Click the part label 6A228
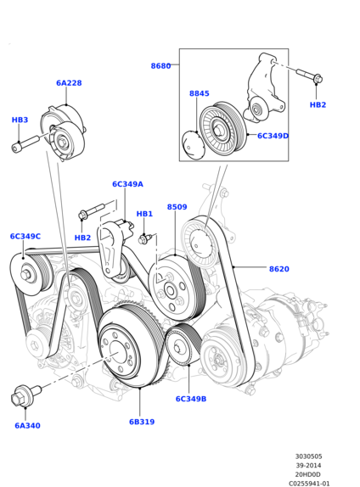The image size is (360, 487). click(69, 83)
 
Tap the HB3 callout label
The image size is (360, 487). click(20, 120)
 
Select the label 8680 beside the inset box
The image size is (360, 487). click(160, 66)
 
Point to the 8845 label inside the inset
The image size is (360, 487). click(200, 93)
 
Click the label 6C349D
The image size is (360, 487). click(273, 136)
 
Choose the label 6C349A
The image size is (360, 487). click(127, 184)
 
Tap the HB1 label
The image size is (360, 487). click(144, 214)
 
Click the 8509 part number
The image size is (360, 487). click(177, 207)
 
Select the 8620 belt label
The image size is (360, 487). click(279, 269)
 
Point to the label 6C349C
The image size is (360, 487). click(25, 237)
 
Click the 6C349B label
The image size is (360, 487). click(191, 399)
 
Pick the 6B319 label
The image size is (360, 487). click(142, 422)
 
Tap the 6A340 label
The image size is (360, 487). click(28, 426)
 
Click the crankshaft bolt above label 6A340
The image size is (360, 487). click(25, 395)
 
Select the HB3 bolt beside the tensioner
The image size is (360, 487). click(25, 144)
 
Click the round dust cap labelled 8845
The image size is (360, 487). click(194, 146)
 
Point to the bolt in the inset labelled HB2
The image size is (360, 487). click(309, 76)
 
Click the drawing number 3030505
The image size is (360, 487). click(309, 456)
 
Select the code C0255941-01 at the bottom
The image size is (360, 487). click(309, 484)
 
